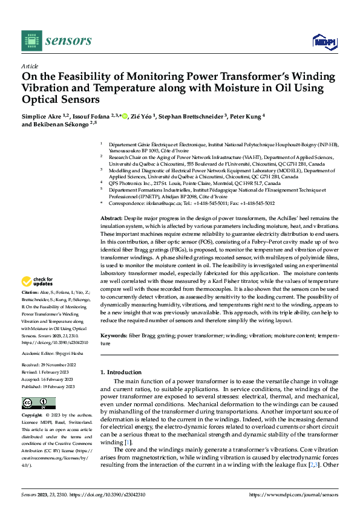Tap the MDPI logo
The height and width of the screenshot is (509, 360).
(x=324, y=41)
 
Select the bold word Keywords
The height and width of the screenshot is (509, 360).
(x=114, y=335)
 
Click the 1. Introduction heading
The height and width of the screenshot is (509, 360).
(x=120, y=372)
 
